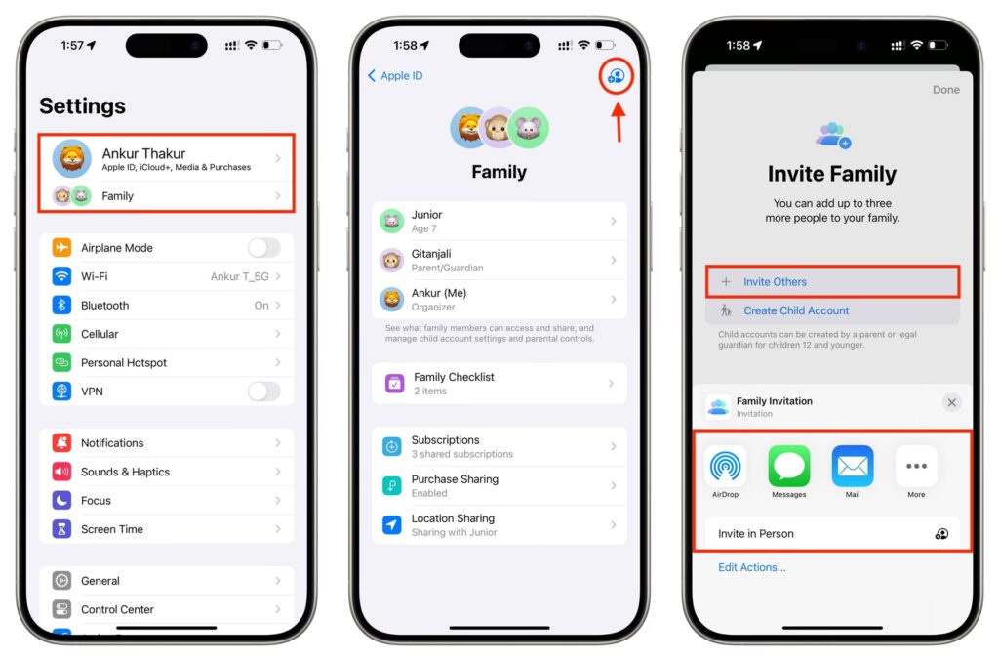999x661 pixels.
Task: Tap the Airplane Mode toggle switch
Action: click(x=263, y=247)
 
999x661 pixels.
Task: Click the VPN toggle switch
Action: click(x=263, y=391)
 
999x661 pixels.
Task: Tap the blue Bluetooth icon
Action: click(x=61, y=305)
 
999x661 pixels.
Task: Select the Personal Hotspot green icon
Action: click(x=61, y=362)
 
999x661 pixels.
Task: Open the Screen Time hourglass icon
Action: click(x=61, y=528)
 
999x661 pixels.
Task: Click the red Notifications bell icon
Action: click(x=61, y=442)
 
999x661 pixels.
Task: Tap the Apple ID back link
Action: click(x=395, y=76)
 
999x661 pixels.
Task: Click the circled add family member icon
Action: click(x=617, y=76)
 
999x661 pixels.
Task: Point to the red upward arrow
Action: click(x=618, y=121)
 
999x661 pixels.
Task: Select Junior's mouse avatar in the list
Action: click(x=392, y=222)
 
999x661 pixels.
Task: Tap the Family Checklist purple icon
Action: click(x=394, y=383)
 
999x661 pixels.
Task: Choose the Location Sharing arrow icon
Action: click(x=392, y=524)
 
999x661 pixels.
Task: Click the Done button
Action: click(x=946, y=90)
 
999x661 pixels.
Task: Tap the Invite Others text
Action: click(x=775, y=282)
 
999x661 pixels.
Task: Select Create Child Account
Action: click(x=796, y=310)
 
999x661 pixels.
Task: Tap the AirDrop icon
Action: click(x=725, y=466)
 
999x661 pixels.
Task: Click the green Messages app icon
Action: click(x=788, y=466)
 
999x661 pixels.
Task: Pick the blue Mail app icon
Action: click(x=853, y=466)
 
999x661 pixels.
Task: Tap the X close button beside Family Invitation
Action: click(x=952, y=403)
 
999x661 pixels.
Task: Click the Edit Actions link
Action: click(x=752, y=567)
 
